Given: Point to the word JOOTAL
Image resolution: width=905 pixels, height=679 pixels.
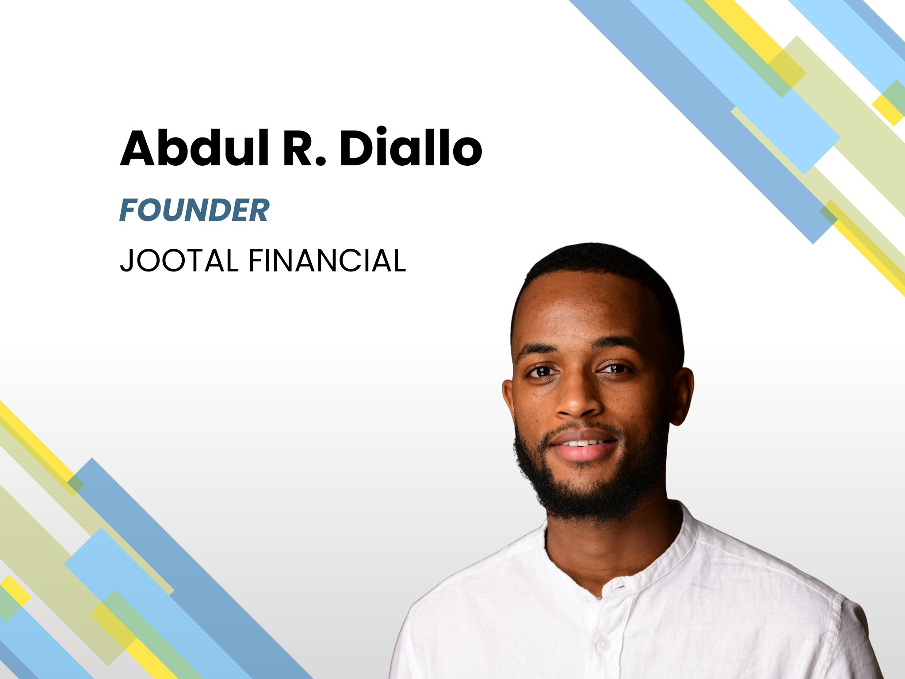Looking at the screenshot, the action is (x=179, y=260).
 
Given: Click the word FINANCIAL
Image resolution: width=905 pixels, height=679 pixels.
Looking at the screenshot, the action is (x=327, y=260).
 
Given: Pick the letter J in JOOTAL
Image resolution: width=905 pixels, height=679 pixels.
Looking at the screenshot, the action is (x=127, y=261).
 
